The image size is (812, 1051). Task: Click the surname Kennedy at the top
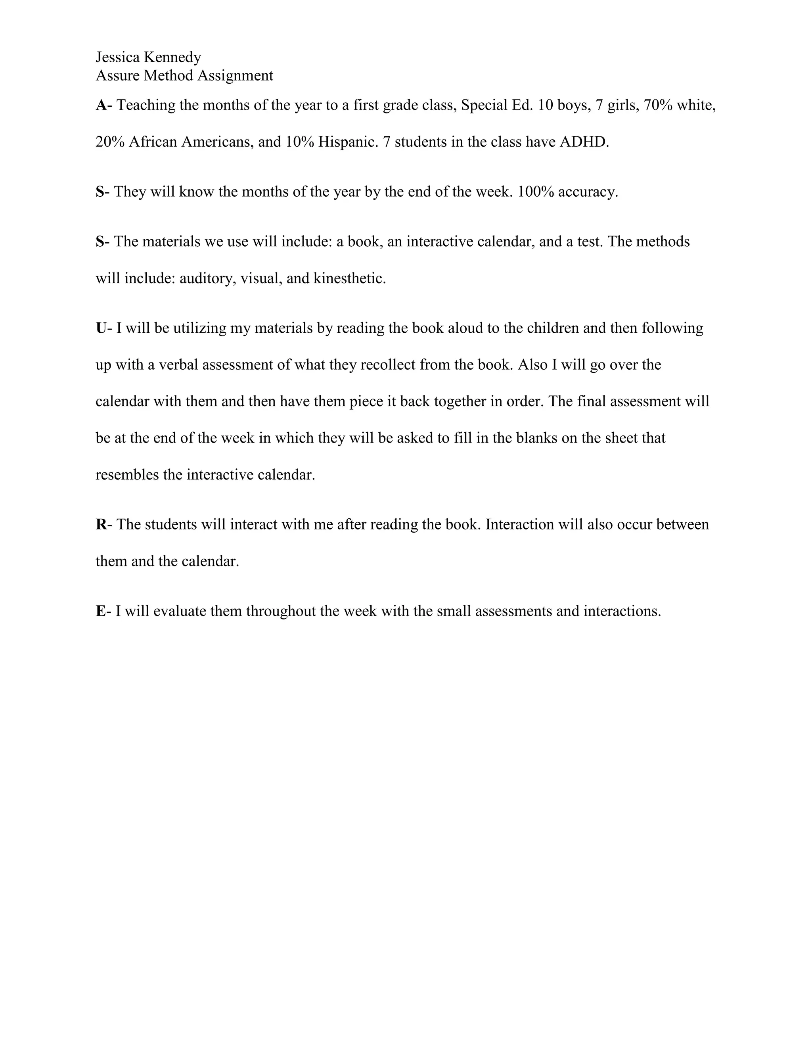(x=173, y=57)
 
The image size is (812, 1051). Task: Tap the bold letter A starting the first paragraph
(x=101, y=105)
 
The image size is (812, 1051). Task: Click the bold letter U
(x=101, y=328)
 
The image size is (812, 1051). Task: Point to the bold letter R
(x=101, y=525)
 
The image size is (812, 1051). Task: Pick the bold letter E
(x=101, y=611)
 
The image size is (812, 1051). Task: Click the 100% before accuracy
(x=535, y=192)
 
